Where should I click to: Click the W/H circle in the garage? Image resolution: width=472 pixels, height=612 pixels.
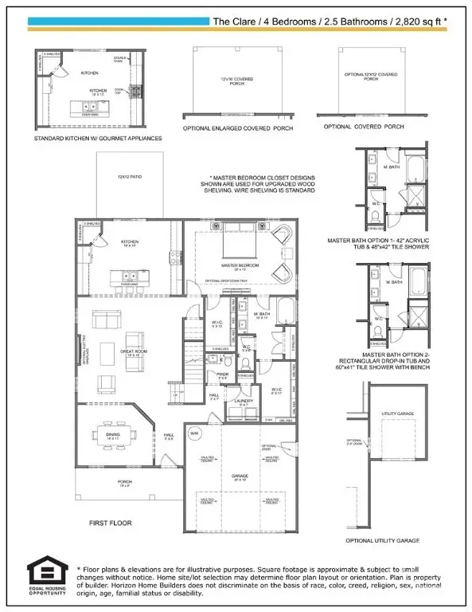pos(195,433)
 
